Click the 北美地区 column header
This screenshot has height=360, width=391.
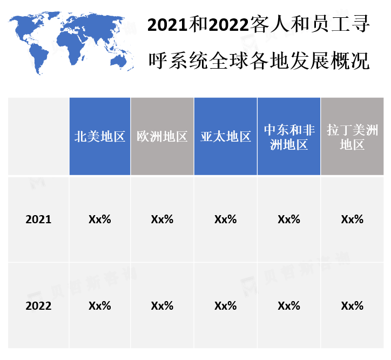click(x=100, y=137)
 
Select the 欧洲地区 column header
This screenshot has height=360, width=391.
click(x=162, y=137)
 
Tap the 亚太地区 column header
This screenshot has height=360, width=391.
click(x=226, y=137)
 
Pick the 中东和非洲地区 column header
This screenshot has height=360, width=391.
click(x=289, y=137)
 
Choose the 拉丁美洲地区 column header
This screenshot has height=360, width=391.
click(x=352, y=137)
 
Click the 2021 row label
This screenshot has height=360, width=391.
click(x=38, y=219)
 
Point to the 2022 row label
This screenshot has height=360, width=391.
click(x=38, y=306)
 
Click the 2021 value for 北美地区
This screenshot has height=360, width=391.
click(x=100, y=219)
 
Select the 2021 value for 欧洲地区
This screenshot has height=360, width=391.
click(x=162, y=219)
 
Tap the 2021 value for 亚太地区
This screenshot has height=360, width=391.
click(x=226, y=219)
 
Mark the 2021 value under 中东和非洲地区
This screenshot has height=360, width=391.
click(x=289, y=219)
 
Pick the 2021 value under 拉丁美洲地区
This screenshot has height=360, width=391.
click(x=352, y=219)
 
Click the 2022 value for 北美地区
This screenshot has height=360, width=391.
click(x=100, y=306)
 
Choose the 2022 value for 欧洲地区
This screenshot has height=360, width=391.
click(x=162, y=306)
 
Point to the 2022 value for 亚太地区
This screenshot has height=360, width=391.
click(x=226, y=306)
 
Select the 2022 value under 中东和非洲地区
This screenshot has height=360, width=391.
click(x=289, y=306)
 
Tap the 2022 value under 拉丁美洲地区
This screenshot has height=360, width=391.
click(x=352, y=306)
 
